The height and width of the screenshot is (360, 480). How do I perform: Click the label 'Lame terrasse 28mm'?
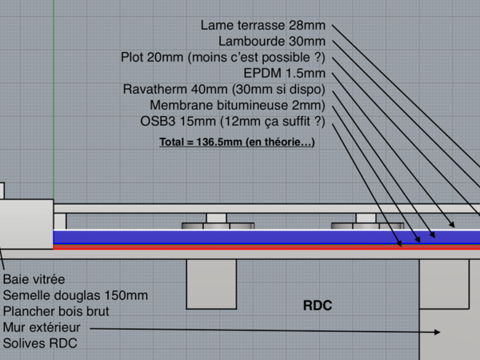pyautogui.click(x=263, y=25)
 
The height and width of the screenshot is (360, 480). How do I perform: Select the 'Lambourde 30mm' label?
pyautogui.click(x=272, y=41)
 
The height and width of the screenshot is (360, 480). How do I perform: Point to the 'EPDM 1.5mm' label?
pyautogui.click(x=284, y=73)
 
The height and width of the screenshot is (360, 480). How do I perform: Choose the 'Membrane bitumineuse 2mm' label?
pyautogui.click(x=238, y=105)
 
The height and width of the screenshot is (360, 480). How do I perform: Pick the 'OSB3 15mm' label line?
pyautogui.click(x=233, y=121)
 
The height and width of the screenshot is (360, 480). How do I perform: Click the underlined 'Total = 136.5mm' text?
pyautogui.click(x=237, y=142)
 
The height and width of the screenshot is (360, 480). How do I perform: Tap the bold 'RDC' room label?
pyautogui.click(x=317, y=306)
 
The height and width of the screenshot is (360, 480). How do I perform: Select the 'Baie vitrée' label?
pyautogui.click(x=34, y=280)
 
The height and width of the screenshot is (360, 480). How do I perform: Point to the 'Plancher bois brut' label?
pyautogui.click(x=56, y=311)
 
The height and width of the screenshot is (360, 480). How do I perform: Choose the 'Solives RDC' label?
pyautogui.click(x=40, y=343)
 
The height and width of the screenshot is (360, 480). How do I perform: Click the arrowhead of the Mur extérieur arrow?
pyautogui.click(x=437, y=331)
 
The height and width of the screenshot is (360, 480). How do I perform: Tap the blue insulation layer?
pyautogui.click(x=240, y=238)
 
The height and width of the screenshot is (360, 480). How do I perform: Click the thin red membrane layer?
pyautogui.click(x=240, y=247)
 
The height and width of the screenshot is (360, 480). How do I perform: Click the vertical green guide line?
pyautogui.click(x=54, y=96)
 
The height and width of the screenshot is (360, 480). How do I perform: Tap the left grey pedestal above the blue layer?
pyautogui.click(x=216, y=222)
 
